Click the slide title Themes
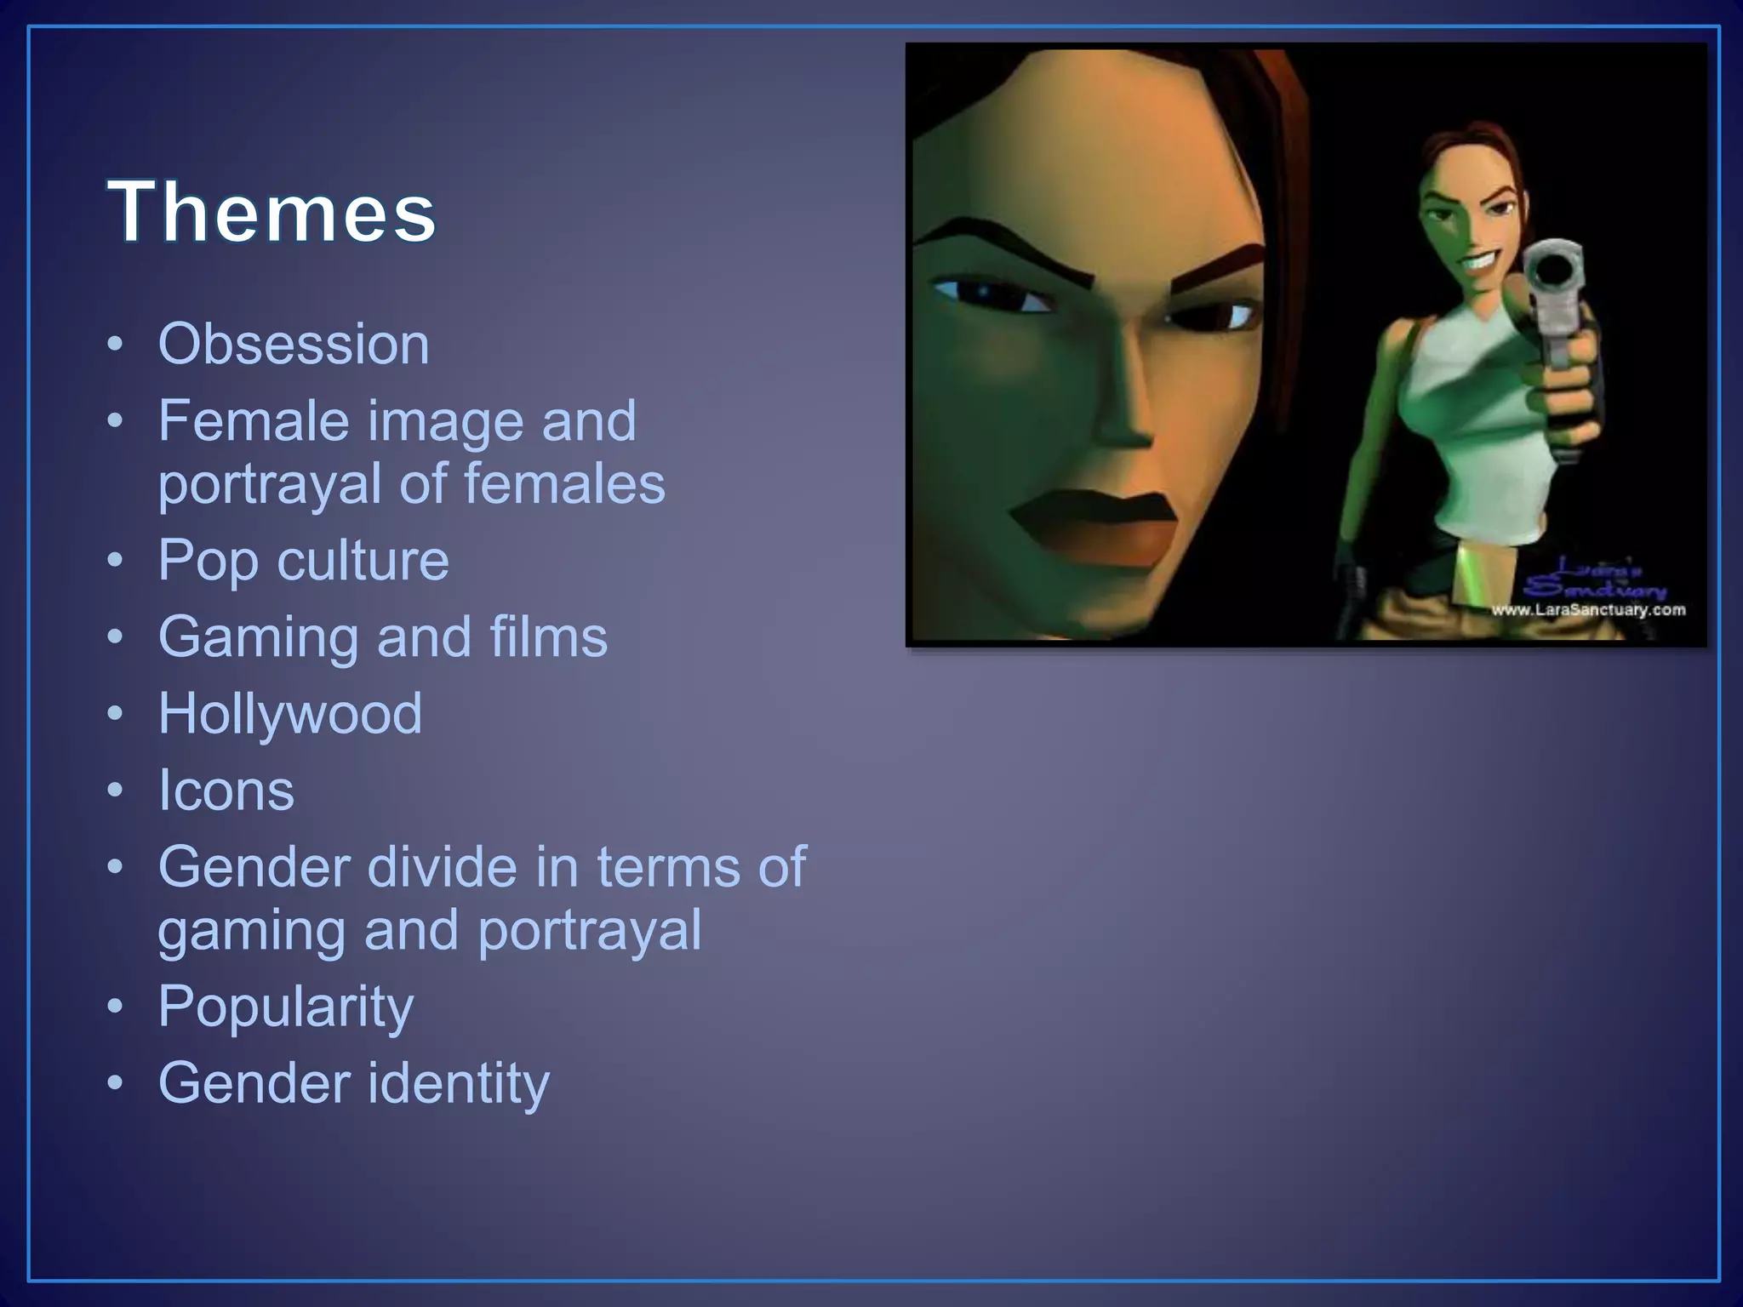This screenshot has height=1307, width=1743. [271, 212]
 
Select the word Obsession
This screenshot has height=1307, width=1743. [294, 345]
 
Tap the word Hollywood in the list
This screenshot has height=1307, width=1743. [290, 713]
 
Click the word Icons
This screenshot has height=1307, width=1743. [226, 790]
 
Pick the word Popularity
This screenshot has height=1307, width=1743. [286, 1007]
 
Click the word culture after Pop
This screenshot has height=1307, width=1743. [363, 561]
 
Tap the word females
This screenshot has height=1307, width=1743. [564, 484]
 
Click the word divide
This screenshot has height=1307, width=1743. [443, 867]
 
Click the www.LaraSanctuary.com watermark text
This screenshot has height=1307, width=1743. [1588, 609]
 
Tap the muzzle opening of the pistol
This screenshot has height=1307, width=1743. [1554, 270]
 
